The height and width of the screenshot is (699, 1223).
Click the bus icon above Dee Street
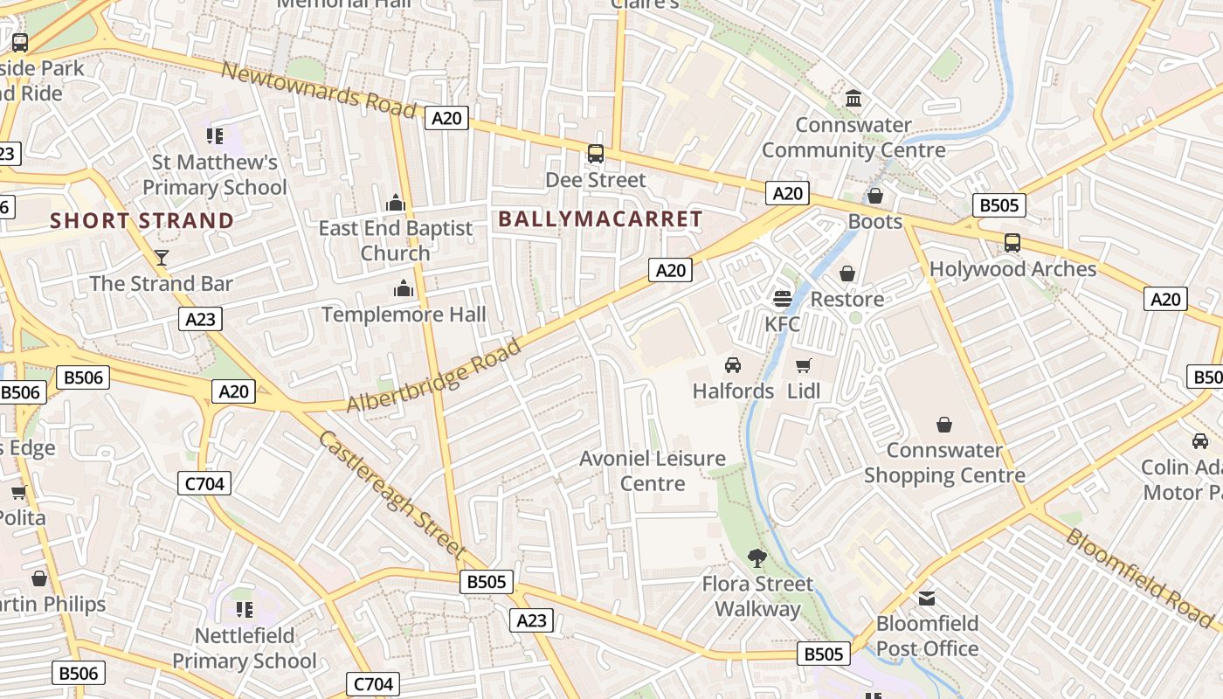tap(596, 154)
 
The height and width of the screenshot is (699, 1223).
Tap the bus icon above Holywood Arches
tap(1012, 243)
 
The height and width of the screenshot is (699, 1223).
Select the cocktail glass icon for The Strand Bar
tap(162, 257)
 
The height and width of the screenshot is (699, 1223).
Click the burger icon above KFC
tap(782, 299)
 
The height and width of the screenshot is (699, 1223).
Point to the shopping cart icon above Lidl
tap(804, 365)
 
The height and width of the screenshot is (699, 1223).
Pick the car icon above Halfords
tap(733, 365)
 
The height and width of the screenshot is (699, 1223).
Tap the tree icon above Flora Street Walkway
tap(757, 557)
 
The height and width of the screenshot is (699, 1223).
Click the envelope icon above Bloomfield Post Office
tap(927, 599)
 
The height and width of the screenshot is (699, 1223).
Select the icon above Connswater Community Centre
tap(853, 98)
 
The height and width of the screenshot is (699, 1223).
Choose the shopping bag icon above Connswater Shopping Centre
tap(944, 425)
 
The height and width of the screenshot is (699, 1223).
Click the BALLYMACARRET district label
tap(600, 219)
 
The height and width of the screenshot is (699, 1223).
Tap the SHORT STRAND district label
tap(142, 220)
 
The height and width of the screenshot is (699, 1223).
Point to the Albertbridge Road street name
tap(434, 377)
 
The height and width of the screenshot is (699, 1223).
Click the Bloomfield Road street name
tap(1139, 577)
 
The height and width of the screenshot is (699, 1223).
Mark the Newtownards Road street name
tap(318, 89)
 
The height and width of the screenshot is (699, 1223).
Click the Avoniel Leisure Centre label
tap(653, 470)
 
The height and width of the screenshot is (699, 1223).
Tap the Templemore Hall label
tap(404, 315)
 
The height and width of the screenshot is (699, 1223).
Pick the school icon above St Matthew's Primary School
tap(215, 135)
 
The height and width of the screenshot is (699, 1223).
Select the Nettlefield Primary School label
tap(244, 647)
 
